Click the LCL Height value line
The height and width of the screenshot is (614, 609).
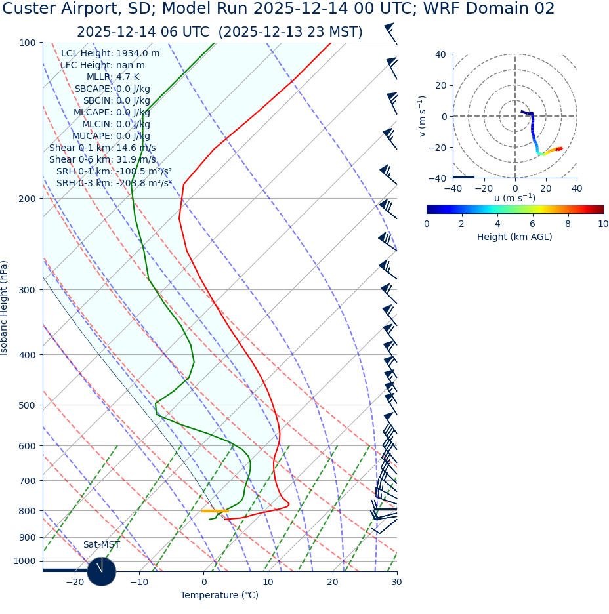click(x=110, y=54)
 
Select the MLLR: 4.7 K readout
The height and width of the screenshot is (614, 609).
click(x=113, y=77)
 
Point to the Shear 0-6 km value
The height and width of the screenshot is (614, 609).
click(x=102, y=160)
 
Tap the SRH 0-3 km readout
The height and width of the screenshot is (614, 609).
click(x=114, y=184)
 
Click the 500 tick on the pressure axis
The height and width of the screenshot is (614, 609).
click(x=27, y=405)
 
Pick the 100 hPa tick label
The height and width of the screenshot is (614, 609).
click(x=27, y=43)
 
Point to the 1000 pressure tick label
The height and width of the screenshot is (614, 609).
click(x=24, y=561)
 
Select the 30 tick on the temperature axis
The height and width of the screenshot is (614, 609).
click(x=396, y=583)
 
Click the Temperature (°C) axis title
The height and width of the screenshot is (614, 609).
click(x=219, y=596)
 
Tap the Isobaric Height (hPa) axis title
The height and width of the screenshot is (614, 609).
click(x=5, y=308)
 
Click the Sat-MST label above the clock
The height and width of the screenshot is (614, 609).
click(x=101, y=545)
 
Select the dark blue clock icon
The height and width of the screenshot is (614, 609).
click(x=101, y=571)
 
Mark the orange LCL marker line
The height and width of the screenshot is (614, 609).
click(x=215, y=511)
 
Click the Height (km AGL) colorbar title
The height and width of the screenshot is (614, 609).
click(x=514, y=237)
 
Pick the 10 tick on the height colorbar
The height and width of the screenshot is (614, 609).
click(x=602, y=224)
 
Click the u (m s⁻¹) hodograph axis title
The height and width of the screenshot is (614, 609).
click(x=514, y=198)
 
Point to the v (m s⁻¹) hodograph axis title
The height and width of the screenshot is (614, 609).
click(x=423, y=116)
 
